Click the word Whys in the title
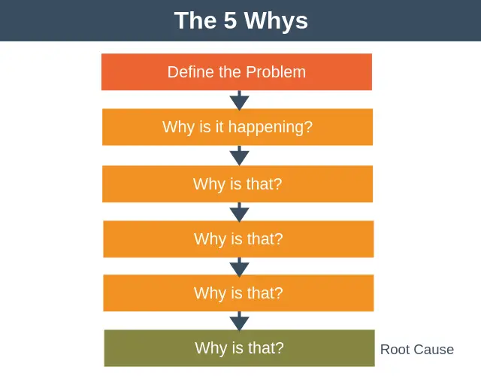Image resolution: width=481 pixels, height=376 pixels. pos(279,20)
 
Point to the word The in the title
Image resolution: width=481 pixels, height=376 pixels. pos(195,20)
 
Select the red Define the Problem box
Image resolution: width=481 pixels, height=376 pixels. pos(237,72)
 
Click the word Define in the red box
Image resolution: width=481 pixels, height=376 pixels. pos(190,72)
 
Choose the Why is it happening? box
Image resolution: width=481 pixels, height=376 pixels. pos(237,127)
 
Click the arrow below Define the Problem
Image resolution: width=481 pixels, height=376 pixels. pos(239,100)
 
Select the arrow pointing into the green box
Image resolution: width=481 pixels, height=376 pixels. pos(239,321)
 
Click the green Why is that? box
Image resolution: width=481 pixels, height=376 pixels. pos(239,348)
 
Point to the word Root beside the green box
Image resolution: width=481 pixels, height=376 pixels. pos(395,350)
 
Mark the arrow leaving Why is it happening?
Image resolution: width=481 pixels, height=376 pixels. pos(239,156)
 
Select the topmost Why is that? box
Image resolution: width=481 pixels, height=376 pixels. pos(237,184)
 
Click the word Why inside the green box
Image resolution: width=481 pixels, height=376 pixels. pos(210,348)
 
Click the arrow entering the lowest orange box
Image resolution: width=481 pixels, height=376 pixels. pos(239,266)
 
